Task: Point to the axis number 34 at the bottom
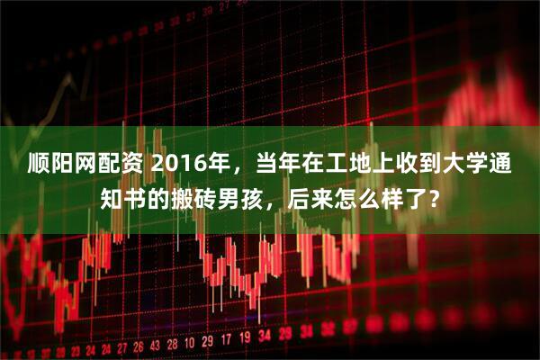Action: pyautogui.click(x=265, y=342)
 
